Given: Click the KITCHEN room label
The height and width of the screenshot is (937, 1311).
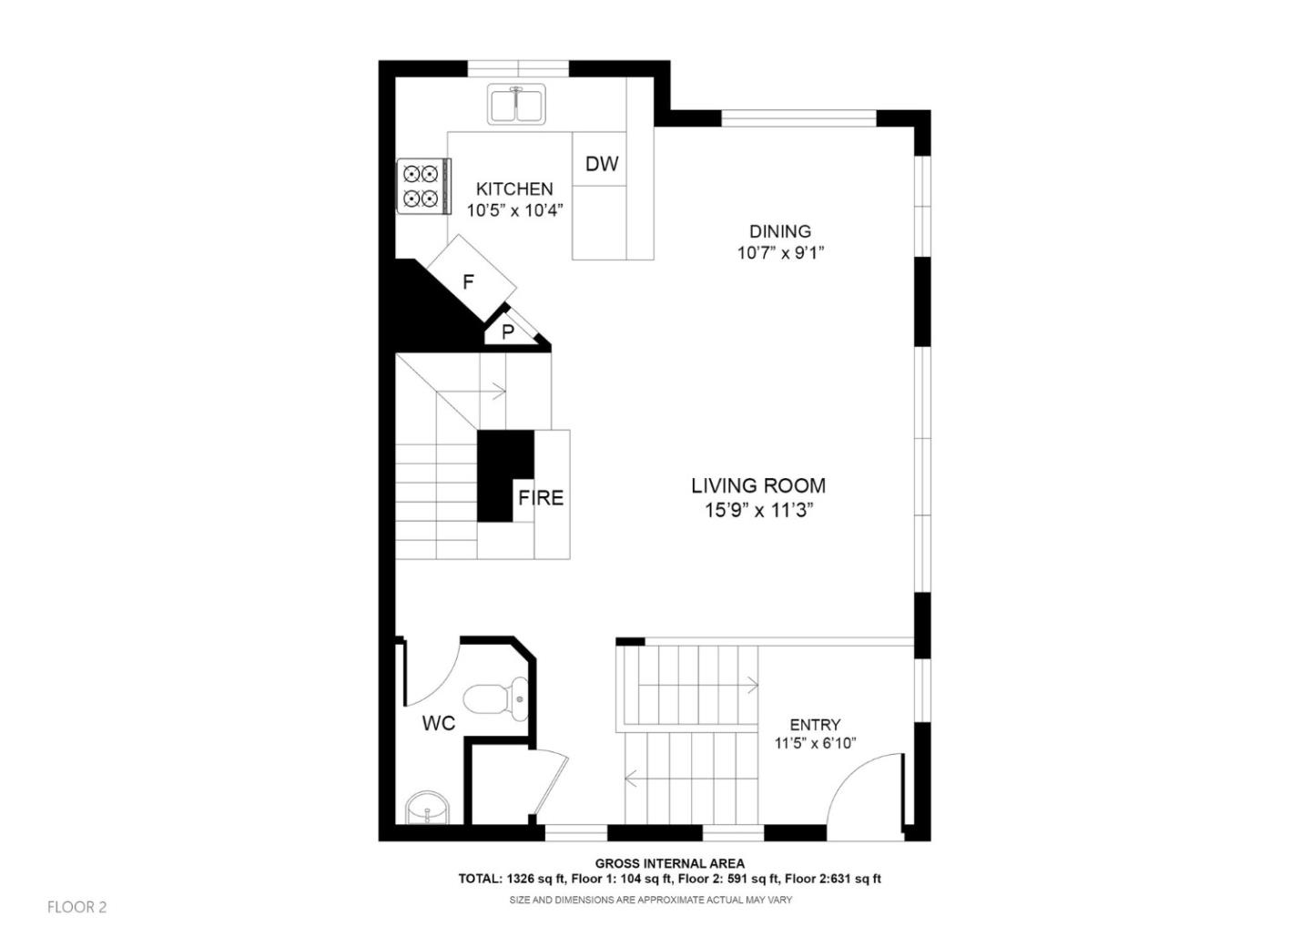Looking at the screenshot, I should pos(514,189).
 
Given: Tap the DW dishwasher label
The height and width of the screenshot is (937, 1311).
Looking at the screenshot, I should pos(601,164).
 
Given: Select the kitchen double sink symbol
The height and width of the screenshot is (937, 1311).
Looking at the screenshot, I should pos(516,104).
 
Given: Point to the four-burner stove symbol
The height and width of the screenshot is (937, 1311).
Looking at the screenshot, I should pos(422,186).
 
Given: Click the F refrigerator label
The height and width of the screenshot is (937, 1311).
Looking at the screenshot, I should pos(468,282).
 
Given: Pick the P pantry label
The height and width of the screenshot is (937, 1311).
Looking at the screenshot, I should pos(508,332).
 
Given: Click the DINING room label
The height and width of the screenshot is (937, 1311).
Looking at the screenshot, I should pos(780,231).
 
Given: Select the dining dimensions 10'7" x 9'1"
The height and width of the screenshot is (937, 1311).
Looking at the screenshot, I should pos(780,253).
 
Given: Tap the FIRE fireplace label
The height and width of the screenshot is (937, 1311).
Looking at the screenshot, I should pos(541,498).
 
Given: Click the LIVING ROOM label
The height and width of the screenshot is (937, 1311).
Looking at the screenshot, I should pos(758,486).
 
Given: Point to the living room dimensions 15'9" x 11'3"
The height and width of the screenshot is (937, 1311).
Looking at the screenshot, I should pos(758,510).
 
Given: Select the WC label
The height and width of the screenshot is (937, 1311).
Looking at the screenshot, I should pos(438,724).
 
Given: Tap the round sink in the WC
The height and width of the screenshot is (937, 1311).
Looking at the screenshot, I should pos(427,809).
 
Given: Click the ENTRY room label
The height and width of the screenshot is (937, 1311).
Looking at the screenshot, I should pos(815,725).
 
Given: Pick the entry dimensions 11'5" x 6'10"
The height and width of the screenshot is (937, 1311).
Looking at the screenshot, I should pos(815,744).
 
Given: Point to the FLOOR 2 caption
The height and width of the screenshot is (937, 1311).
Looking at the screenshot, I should pos(77,907).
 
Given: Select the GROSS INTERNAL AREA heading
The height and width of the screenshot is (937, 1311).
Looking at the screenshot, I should pos(669,863).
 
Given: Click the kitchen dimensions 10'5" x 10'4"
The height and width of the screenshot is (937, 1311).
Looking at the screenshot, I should pos(515,210).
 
